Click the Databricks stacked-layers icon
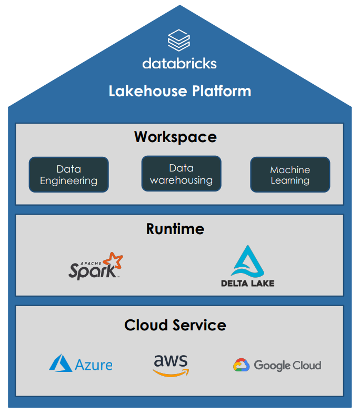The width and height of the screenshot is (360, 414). coord(179,41)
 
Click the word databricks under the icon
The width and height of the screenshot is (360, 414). coord(179,64)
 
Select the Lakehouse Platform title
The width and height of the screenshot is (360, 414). coord(179,91)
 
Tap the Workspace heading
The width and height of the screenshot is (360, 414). coord(175,137)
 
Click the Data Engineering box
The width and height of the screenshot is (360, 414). coord(69,175)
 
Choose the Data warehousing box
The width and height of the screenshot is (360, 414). coord(181,174)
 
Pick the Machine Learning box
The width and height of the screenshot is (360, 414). coord(290,175)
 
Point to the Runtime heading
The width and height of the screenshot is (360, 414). coord(175,229)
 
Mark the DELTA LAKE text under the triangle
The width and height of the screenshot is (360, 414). coord(247,283)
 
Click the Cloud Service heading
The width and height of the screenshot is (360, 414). coord(175,325)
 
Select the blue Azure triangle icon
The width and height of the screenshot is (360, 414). coord(61,363)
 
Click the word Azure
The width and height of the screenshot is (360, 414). coord(94,365)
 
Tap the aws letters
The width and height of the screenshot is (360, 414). coord(171,361)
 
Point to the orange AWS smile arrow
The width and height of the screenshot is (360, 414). coord(171,372)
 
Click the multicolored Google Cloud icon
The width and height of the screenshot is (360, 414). coord(241,365)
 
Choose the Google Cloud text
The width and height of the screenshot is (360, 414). coord(287,365)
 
